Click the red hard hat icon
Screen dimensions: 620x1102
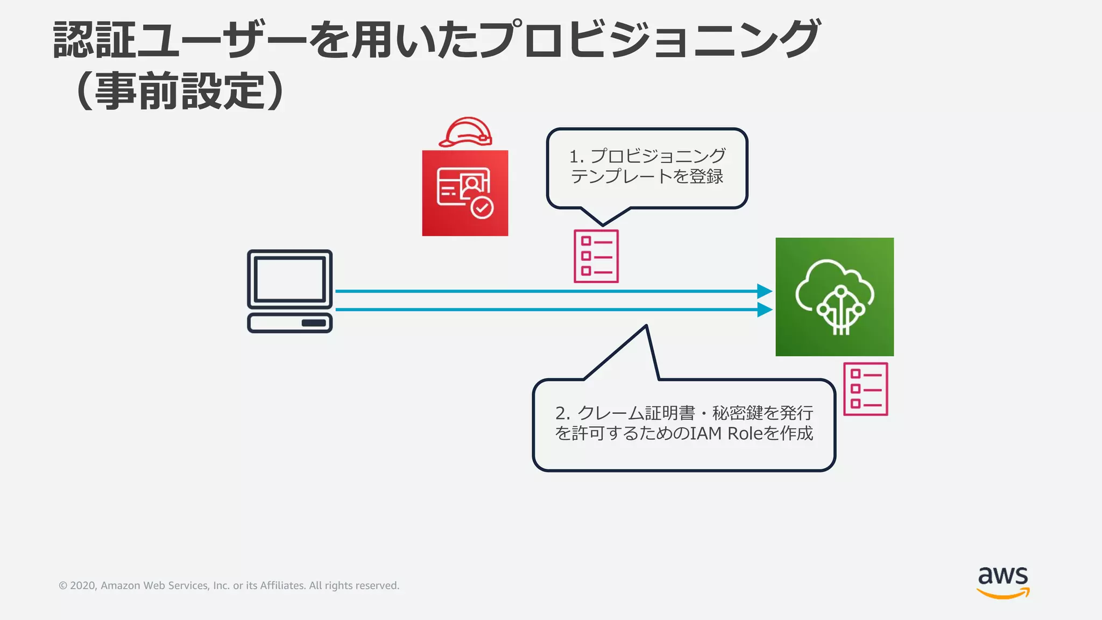466,132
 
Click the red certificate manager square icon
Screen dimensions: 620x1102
465,193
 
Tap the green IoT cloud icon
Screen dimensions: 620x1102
834,297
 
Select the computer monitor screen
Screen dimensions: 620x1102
289,279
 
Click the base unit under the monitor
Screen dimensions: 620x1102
289,323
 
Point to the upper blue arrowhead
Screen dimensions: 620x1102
764,291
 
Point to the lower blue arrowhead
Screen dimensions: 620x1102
764,309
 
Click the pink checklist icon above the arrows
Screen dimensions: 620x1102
596,256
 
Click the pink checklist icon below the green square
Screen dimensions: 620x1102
865,389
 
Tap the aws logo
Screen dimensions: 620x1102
1003,581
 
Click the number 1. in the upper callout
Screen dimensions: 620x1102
576,157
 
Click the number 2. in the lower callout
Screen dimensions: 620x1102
562,413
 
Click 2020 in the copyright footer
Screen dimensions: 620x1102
82,586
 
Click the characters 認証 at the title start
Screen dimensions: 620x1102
94,40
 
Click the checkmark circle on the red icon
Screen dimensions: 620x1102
482,208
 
